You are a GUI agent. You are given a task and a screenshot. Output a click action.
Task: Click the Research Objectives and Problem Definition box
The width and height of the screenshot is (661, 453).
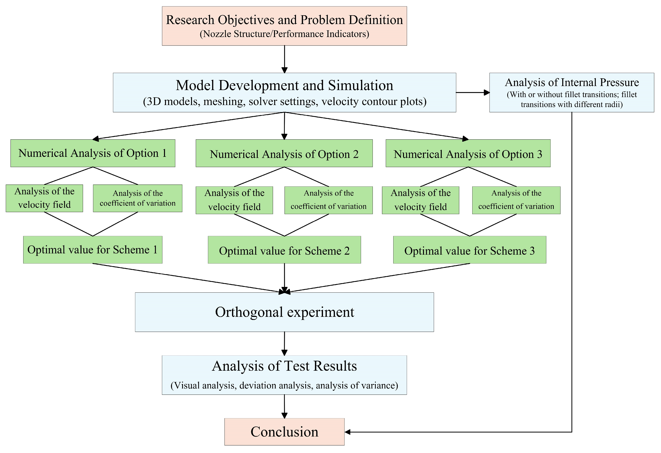pos(284,26)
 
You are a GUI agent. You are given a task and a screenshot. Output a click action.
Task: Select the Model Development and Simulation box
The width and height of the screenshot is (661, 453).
pos(284,93)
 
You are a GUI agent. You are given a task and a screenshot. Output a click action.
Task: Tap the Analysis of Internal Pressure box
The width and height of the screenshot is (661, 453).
pos(572,93)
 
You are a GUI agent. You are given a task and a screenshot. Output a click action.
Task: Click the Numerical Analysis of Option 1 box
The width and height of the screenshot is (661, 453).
pos(93,153)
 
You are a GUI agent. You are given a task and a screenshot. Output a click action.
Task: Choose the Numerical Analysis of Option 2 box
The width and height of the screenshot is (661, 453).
pos(284,153)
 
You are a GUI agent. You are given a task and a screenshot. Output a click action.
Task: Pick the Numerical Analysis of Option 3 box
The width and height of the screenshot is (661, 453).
pos(468,153)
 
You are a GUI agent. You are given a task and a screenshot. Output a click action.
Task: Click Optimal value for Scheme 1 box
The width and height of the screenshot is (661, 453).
pos(93,250)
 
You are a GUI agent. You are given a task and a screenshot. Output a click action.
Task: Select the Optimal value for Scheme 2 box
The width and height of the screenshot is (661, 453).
pos(284,250)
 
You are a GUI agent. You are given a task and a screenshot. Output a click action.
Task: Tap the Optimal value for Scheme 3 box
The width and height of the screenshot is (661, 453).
pos(469,250)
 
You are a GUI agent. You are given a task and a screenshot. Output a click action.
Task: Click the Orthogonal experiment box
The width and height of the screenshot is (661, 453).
pos(284,312)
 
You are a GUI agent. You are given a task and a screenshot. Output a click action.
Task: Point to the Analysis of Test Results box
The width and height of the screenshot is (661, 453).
pos(284,375)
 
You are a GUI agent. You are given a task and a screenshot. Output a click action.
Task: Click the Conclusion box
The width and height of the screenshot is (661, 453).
pos(284,432)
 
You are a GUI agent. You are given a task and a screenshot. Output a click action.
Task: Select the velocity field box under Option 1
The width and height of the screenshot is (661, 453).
pos(44,198)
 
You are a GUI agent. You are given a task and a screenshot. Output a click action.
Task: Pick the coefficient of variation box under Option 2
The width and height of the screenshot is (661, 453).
pos(328,200)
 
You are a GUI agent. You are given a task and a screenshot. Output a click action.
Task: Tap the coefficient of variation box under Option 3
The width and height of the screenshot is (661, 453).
pos(516,200)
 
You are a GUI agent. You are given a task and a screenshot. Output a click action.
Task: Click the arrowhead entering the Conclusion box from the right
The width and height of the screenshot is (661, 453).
pos(347,432)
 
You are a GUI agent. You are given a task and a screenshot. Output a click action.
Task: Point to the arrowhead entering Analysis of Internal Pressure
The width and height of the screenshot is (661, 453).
pos(487,93)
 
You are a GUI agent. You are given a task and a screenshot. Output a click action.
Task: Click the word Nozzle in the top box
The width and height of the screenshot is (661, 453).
pos(217,34)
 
